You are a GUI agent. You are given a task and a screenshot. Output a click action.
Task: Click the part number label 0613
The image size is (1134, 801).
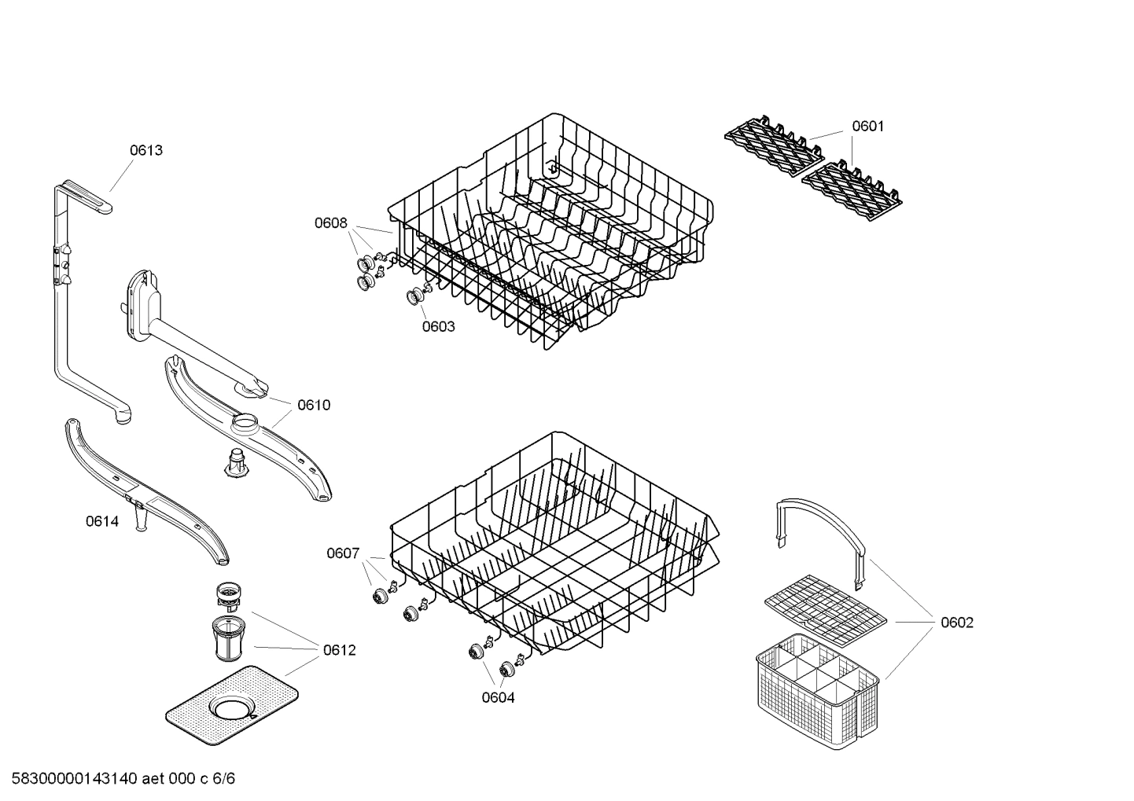[x=146, y=150]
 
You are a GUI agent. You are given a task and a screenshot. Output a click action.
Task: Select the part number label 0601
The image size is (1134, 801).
[x=868, y=127]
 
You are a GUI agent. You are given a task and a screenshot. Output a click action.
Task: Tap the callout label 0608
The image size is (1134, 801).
[x=331, y=223]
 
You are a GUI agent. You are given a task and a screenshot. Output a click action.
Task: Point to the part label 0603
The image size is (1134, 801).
[x=438, y=326]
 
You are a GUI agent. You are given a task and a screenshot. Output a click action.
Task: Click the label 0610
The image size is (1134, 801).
[x=314, y=405]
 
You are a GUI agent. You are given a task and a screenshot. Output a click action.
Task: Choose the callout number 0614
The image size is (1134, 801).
[x=102, y=521]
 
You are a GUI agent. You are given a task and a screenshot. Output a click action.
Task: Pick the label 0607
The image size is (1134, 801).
[x=343, y=553]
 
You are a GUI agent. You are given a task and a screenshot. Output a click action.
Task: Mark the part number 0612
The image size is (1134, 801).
[x=339, y=650]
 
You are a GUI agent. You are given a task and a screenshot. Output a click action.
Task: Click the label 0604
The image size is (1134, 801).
[x=499, y=697]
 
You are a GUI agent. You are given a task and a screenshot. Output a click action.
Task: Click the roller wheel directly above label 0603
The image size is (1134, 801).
[x=415, y=297]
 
